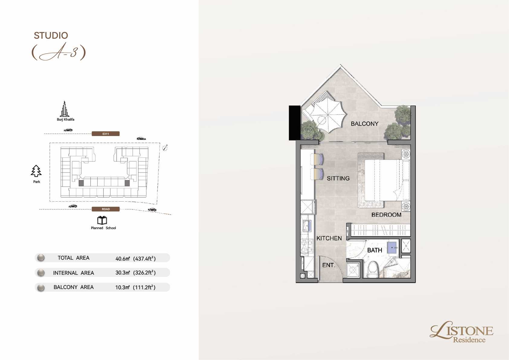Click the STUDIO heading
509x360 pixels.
click(x=51, y=35)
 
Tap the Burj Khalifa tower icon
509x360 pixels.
click(x=65, y=109)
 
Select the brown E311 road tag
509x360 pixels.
click(x=106, y=134)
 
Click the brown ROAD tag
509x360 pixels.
click(x=106, y=209)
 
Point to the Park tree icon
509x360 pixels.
click(x=36, y=171)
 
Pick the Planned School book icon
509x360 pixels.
click(x=102, y=220)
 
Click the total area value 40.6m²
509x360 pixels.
click(x=123, y=258)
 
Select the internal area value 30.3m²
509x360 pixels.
click(x=123, y=273)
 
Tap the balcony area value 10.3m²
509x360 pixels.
click(x=122, y=287)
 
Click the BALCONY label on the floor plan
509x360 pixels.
click(x=365, y=124)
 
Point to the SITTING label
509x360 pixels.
click(x=338, y=178)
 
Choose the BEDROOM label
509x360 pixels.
click(x=386, y=215)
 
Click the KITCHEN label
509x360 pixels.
click(x=329, y=238)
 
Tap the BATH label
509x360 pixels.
click(x=375, y=250)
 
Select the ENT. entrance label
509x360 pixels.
click(x=329, y=265)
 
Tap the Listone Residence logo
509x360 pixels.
click(x=461, y=332)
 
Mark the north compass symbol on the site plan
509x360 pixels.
click(x=165, y=148)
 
